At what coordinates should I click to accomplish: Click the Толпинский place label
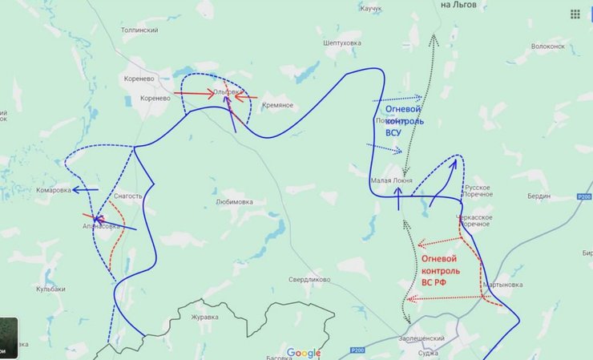(x=139, y=30)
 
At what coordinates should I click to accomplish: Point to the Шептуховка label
(x=342, y=43)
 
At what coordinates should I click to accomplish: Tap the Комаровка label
(x=53, y=190)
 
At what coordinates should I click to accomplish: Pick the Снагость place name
(x=128, y=196)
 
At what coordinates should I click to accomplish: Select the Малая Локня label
(x=392, y=181)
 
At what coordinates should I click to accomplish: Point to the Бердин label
(x=539, y=196)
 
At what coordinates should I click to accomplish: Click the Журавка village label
(x=204, y=317)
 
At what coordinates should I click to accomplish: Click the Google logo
(x=304, y=353)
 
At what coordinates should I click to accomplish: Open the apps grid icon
(x=575, y=14)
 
